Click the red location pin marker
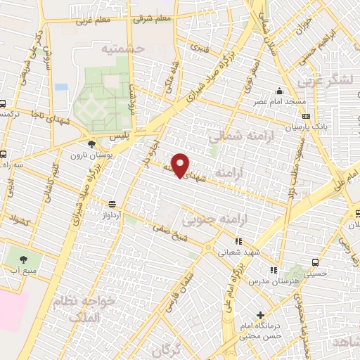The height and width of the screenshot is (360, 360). point(181,165)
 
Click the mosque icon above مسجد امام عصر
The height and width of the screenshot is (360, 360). point(279,91)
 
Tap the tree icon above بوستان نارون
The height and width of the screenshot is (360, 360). point(92,143)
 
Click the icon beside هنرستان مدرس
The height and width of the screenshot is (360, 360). point(274,269)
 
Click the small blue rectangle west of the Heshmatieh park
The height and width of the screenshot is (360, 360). point(61,86)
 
